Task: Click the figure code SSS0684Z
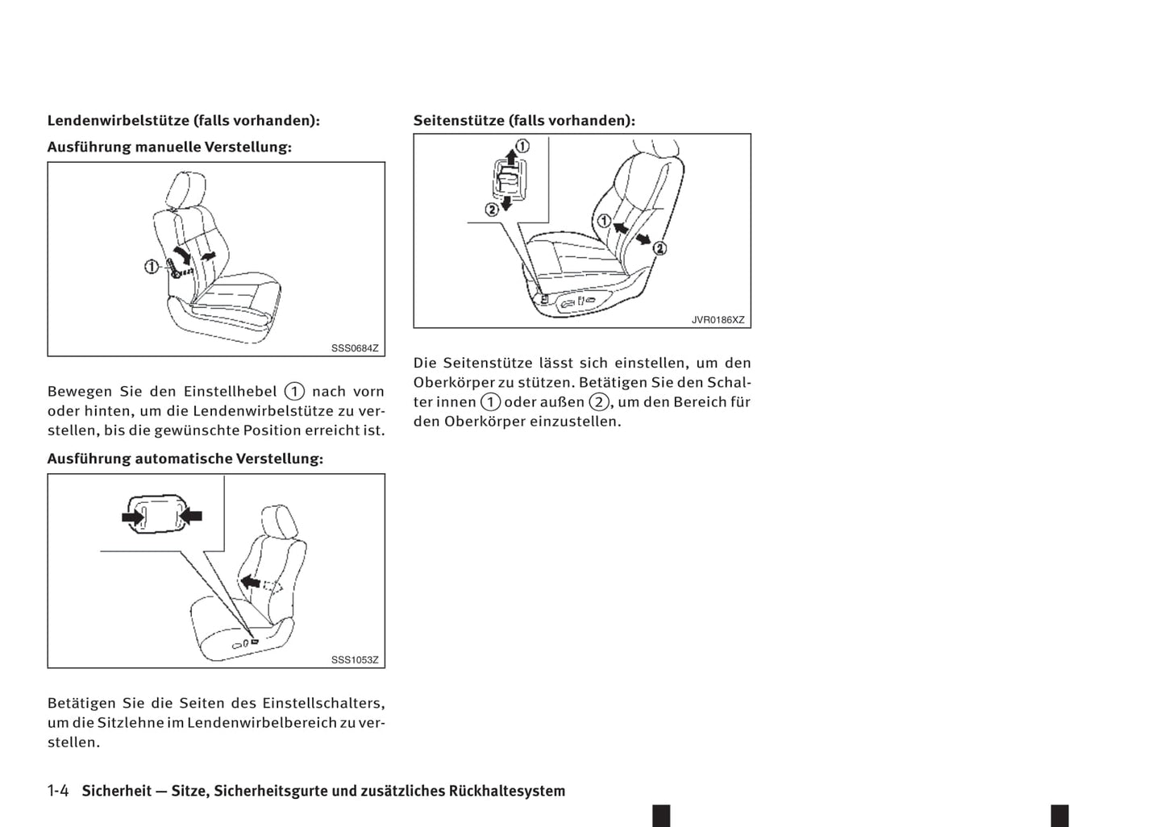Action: pyautogui.click(x=354, y=348)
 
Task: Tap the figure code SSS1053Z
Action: pyautogui.click(x=354, y=659)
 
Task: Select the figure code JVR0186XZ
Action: pyautogui.click(x=718, y=320)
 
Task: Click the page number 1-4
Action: pyautogui.click(x=58, y=791)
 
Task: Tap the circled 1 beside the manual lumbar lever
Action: pyautogui.click(x=151, y=265)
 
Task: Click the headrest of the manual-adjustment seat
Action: pyautogui.click(x=177, y=189)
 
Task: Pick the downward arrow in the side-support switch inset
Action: pyautogui.click(x=507, y=202)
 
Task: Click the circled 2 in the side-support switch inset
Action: pyautogui.click(x=491, y=210)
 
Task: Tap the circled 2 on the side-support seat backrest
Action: pyautogui.click(x=659, y=247)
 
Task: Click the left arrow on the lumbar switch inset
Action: pyautogui.click(x=131, y=517)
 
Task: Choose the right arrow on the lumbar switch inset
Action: pyautogui.click(x=190, y=516)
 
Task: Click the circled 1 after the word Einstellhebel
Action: pyautogui.click(x=294, y=392)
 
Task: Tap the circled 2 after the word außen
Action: pyautogui.click(x=598, y=401)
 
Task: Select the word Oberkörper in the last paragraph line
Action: pyautogui.click(x=485, y=421)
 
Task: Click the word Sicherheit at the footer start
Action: pyautogui.click(x=116, y=791)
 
